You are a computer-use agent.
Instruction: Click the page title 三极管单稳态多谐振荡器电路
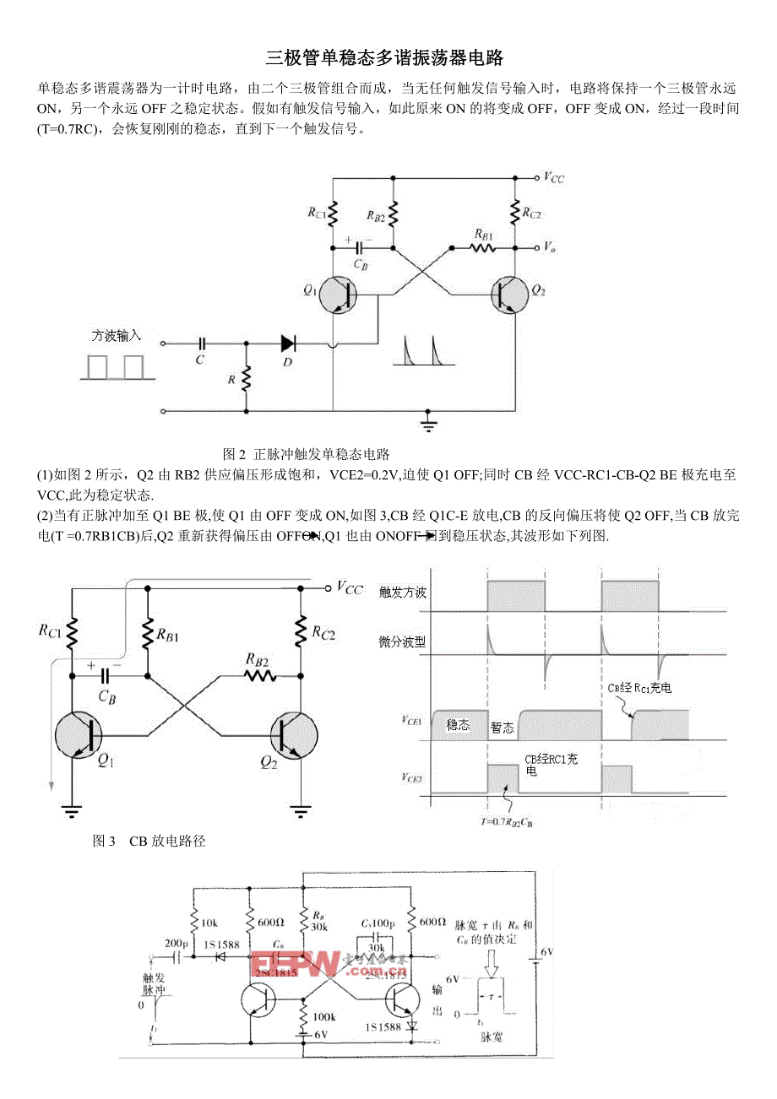(384, 58)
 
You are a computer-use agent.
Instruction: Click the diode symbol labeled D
(288, 344)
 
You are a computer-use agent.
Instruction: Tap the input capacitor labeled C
(201, 344)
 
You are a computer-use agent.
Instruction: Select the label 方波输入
(116, 336)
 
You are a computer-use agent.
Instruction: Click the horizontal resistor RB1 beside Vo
(483, 248)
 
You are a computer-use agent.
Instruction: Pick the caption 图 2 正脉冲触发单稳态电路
(305, 453)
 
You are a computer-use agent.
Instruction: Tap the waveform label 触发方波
(403, 593)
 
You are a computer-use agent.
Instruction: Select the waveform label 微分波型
(403, 642)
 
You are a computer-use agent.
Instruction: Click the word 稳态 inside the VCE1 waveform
(459, 724)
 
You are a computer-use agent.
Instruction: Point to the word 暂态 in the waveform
(503, 728)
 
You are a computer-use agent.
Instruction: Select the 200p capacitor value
(177, 943)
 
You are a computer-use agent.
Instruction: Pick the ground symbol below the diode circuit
(429, 422)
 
